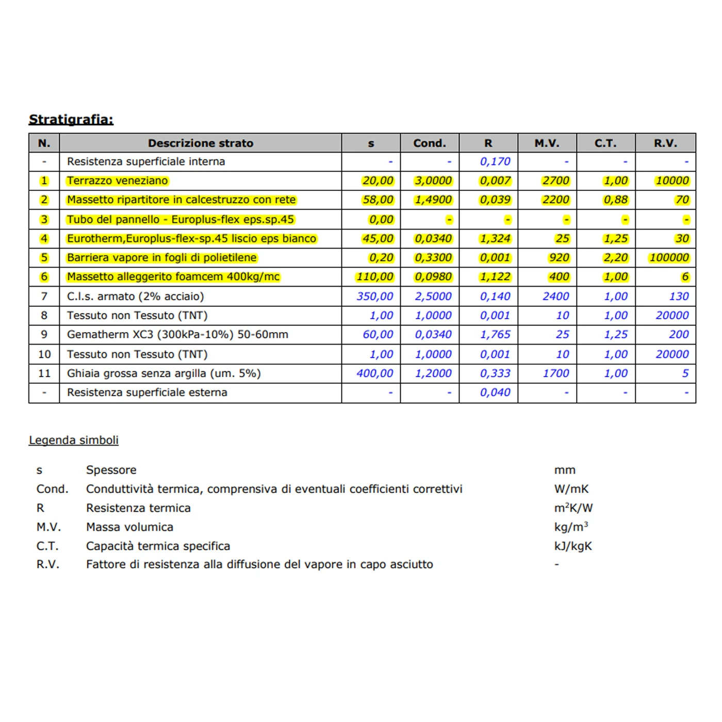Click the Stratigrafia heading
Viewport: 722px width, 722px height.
(x=71, y=119)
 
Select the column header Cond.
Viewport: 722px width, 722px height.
(x=429, y=143)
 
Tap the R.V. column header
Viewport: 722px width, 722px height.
(x=665, y=143)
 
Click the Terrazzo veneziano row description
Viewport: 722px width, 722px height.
(x=117, y=180)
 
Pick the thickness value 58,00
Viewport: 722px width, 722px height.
(x=378, y=200)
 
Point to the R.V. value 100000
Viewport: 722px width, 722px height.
(x=669, y=257)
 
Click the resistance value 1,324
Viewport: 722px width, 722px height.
(x=495, y=238)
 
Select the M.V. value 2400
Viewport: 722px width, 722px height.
(x=555, y=297)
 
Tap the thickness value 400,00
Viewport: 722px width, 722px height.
(x=374, y=373)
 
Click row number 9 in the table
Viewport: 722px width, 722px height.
(x=44, y=334)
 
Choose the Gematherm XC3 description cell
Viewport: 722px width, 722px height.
(x=177, y=334)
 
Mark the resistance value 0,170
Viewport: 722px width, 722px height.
(x=495, y=161)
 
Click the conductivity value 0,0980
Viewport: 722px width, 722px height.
(x=433, y=276)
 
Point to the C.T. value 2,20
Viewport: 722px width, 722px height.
(x=616, y=257)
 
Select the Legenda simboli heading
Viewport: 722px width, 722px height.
(x=74, y=440)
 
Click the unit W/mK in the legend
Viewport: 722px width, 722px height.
(x=571, y=489)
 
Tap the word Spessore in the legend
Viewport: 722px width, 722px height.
(x=111, y=470)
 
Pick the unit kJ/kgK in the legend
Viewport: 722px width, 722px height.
(x=573, y=546)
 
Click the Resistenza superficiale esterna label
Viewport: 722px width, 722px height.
(x=147, y=392)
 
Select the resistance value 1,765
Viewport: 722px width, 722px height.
(x=495, y=334)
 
